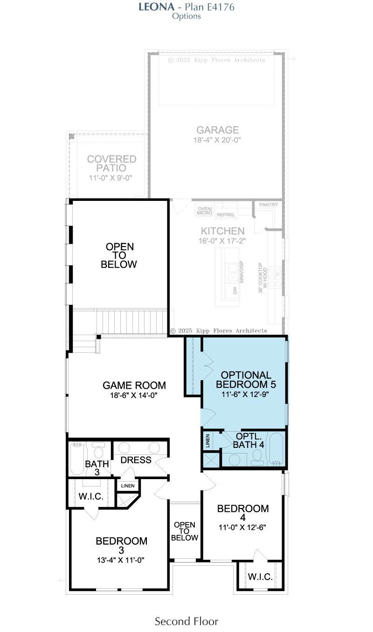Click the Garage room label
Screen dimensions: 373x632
click(218, 130)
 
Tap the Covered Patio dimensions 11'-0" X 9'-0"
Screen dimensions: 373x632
click(111, 178)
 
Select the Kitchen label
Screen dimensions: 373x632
click(222, 231)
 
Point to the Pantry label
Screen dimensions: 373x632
click(268, 205)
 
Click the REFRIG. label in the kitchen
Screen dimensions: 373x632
click(226, 215)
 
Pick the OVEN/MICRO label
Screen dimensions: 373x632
click(205, 211)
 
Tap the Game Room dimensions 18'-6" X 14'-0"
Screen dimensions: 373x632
click(134, 395)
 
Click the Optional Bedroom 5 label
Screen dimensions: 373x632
click(246, 379)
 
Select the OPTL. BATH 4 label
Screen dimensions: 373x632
click(249, 440)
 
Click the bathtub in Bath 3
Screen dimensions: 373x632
click(77, 459)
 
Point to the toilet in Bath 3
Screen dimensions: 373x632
click(98, 450)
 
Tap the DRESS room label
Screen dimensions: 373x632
click(136, 460)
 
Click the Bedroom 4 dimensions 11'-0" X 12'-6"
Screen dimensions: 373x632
click(242, 527)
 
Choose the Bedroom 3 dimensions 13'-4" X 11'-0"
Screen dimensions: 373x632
click(120, 560)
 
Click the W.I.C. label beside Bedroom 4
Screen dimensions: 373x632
click(260, 577)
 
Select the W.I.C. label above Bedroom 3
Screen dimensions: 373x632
click(91, 496)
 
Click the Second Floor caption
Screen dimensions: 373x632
click(186, 621)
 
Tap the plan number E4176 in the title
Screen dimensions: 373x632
click(221, 7)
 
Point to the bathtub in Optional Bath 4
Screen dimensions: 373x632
click(276, 449)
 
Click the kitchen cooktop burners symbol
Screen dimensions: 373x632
click(275, 277)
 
